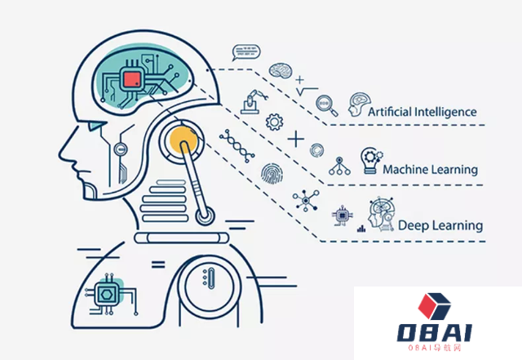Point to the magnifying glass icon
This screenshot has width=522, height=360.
(325, 104)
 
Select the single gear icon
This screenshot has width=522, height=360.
(275, 122)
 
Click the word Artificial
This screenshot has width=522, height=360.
(394, 111)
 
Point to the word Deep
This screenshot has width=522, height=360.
(413, 225)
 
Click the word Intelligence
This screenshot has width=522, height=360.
(449, 111)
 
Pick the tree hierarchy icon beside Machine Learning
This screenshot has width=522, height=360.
(338, 165)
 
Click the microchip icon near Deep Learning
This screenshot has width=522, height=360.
(341, 215)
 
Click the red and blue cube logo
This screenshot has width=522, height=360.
(433, 305)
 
